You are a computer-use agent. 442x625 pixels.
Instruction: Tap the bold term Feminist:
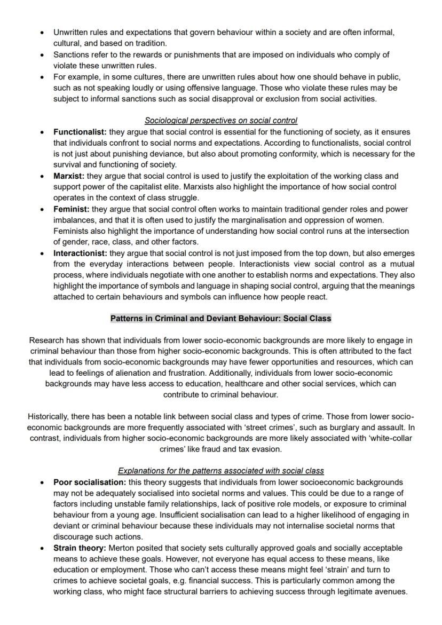tap(72, 209)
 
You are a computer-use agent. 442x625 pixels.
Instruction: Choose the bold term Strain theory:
tap(80, 548)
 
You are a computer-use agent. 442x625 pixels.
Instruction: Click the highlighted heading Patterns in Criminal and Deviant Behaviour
tap(220, 318)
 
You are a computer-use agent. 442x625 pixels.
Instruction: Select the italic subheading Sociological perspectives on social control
tap(221, 121)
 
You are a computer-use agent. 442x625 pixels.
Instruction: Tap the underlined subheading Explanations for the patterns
tap(220, 471)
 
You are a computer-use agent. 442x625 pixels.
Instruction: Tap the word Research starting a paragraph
tap(46, 340)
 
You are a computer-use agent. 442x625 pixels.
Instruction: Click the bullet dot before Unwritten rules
tap(42, 33)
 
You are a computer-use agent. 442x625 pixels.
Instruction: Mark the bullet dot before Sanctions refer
tap(42, 55)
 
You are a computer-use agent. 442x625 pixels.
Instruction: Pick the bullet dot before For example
tap(42, 77)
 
